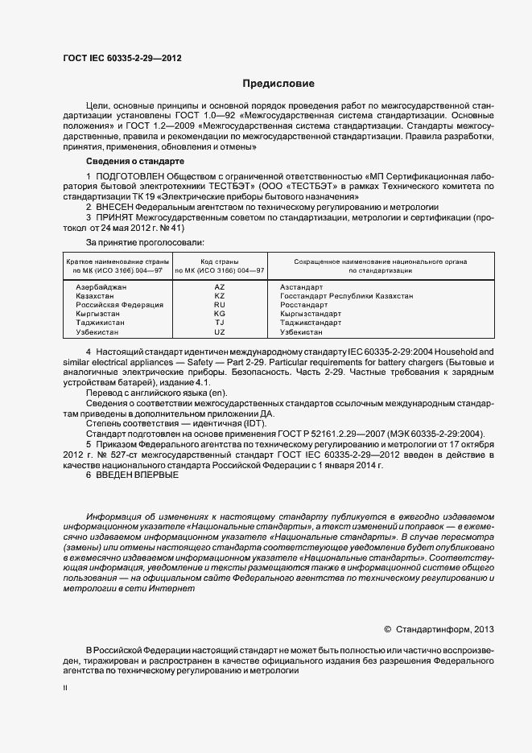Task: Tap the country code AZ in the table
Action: coord(220,286)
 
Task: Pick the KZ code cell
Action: coord(220,296)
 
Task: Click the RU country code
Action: coord(220,305)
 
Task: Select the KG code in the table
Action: coord(220,314)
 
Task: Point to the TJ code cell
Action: coord(220,323)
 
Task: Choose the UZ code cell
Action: coord(220,331)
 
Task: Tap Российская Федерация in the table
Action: coord(119,305)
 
